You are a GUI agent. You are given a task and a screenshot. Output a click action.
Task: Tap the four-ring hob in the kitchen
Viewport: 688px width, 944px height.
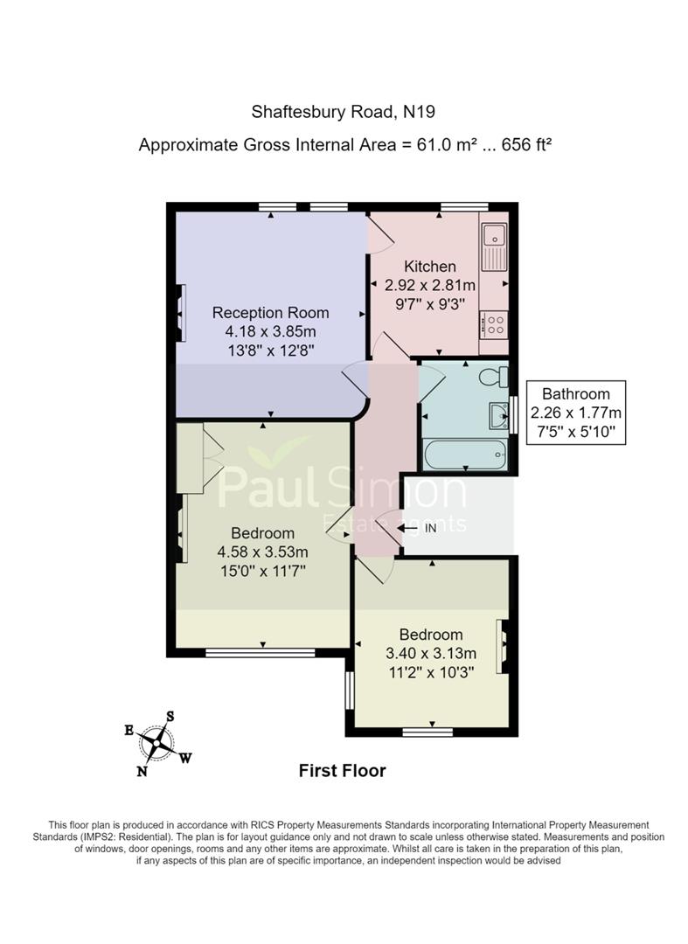click(x=494, y=324)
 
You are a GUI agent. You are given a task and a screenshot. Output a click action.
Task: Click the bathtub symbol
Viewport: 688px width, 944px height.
click(x=464, y=455)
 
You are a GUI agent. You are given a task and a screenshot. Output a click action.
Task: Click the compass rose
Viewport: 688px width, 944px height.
click(x=156, y=744)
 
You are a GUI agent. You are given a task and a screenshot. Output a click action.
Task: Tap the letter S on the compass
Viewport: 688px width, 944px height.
click(x=170, y=717)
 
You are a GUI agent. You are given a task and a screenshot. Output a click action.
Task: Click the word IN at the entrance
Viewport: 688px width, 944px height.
click(x=430, y=529)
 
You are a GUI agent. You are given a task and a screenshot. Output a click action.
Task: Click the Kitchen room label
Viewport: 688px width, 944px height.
click(x=430, y=266)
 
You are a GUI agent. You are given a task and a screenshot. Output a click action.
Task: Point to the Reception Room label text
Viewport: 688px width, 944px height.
click(x=271, y=312)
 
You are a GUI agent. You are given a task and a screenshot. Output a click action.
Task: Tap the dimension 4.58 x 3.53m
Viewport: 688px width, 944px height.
click(x=263, y=552)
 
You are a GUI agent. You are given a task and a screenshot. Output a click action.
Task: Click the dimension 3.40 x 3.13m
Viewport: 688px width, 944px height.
click(x=431, y=653)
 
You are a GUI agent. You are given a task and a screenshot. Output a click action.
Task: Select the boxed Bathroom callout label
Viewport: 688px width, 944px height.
click(x=576, y=413)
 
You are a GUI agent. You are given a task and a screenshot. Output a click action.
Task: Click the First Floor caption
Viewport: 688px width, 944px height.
click(x=343, y=771)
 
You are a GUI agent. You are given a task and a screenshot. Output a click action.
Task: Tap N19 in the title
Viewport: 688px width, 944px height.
click(x=419, y=111)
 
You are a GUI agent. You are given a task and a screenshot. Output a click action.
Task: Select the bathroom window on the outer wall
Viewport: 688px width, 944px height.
click(x=513, y=415)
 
